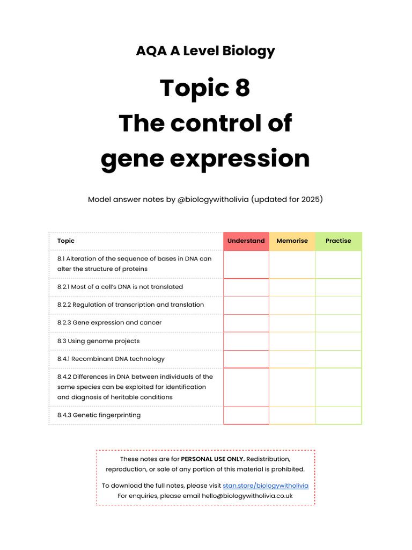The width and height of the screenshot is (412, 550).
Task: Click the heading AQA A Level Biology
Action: [205, 51]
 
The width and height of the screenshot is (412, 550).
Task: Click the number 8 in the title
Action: [242, 88]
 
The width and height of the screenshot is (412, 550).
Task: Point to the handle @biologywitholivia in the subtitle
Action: [213, 200]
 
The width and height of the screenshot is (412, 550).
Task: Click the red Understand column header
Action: [246, 241]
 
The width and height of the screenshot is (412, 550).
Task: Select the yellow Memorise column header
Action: [292, 241]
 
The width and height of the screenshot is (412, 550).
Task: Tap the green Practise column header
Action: [338, 241]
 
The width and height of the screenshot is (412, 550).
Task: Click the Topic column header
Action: [66, 241]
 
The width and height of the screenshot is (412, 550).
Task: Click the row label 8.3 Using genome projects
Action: [98, 341]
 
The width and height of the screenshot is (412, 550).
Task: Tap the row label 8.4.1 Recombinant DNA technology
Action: [111, 359]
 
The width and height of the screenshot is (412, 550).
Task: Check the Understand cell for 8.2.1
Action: [246, 287]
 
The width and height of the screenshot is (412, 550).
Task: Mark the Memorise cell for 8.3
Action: [292, 341]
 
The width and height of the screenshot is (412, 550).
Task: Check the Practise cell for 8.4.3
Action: [338, 415]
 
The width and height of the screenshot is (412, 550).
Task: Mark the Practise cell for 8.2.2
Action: [338, 305]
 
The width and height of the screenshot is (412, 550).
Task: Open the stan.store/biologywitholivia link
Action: [266, 486]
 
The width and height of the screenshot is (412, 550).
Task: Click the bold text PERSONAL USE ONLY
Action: [213, 459]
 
